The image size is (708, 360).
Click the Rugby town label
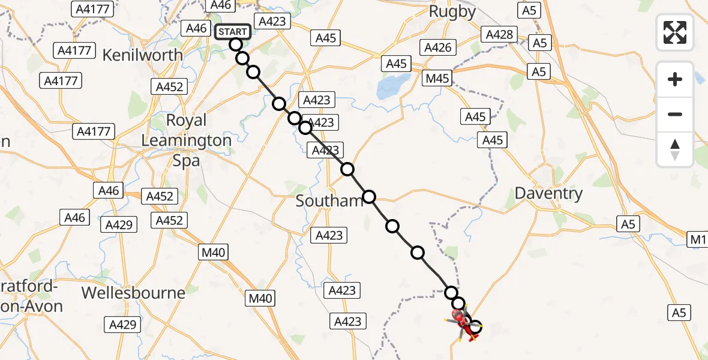tap(453, 11)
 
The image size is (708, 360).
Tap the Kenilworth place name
tap(143, 55)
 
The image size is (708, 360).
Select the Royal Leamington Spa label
tap(186, 140)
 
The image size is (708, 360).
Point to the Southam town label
tap(329, 201)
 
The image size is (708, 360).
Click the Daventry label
tap(549, 193)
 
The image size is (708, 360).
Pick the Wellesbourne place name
tap(133, 293)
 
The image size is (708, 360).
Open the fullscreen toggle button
tap(675, 32)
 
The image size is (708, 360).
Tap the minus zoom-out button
tap(675, 114)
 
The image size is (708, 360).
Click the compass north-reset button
tap(675, 149)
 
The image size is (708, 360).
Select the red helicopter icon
tap(462, 323)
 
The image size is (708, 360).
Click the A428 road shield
tap(500, 34)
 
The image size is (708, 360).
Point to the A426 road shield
tap(437, 47)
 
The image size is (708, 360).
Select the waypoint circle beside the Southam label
tap(369, 197)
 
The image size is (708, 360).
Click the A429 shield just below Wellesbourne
tap(122, 325)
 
